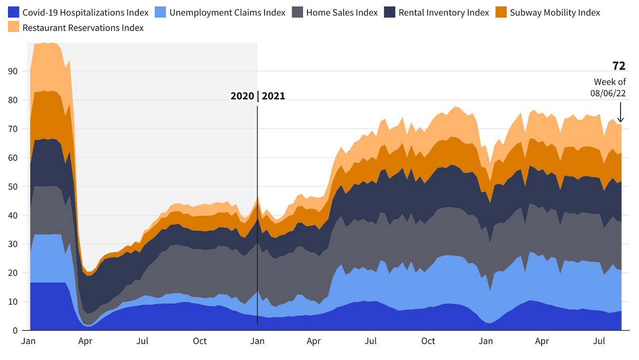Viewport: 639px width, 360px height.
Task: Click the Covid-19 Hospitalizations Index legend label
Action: pos(85,12)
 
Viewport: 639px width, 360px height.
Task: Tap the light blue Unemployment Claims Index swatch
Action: pos(161,12)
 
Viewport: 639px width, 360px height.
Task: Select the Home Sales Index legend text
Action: pos(342,12)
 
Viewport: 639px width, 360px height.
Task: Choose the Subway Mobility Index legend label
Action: pos(555,12)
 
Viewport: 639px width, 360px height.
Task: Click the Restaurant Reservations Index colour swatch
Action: pos(13,28)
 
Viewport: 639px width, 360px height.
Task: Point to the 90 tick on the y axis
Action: pos(13,71)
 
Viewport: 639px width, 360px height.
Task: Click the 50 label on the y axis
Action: pos(13,187)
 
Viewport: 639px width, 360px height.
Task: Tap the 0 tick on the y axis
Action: pos(16,331)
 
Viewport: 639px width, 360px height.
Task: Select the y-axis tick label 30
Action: pos(13,244)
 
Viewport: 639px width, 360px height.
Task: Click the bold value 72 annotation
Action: pos(619,66)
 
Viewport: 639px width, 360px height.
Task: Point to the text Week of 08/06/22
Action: pos(610,87)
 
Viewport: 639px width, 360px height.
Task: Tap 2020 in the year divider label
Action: pos(242,96)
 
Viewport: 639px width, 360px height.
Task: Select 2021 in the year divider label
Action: pos(274,96)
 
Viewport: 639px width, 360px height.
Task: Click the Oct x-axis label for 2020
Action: pos(200,342)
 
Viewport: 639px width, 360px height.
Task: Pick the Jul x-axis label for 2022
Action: pos(599,342)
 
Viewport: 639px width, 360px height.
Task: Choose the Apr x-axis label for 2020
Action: pos(85,342)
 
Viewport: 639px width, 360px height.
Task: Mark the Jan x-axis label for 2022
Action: pos(486,342)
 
